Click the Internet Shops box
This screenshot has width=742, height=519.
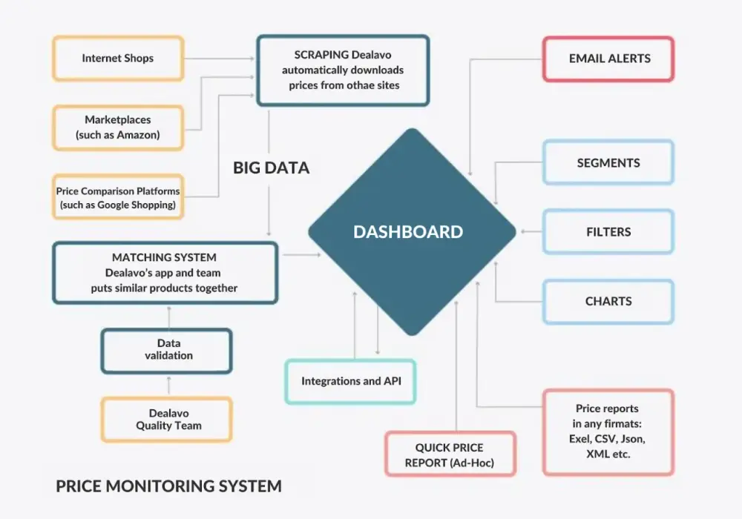pos(118,58)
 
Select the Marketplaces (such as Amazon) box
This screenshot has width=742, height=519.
pos(118,128)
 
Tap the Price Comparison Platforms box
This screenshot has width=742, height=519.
pos(118,197)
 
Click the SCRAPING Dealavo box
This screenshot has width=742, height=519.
pos(343,70)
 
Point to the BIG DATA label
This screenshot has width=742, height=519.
pos(271,168)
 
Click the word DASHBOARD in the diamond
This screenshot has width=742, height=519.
pos(408,231)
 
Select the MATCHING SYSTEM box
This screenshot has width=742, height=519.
pos(165,273)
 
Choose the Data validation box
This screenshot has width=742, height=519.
pos(166,351)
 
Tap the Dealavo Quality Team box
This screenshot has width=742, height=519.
pos(166,420)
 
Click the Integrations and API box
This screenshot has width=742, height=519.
pos(350,381)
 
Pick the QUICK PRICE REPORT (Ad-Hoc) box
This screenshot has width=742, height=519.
pos(450,454)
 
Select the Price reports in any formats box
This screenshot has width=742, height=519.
pos(608,432)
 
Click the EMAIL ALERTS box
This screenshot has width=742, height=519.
pos(608,59)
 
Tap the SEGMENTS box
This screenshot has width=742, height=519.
pos(608,162)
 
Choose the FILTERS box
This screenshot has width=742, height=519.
pos(608,231)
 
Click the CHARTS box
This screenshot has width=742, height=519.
pos(608,301)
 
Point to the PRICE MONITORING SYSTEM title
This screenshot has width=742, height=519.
pos(168,486)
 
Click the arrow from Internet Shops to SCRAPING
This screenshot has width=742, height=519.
pos(220,59)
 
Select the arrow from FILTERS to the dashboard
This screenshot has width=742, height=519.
pos(531,231)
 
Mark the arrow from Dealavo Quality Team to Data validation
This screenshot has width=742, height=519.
pos(169,386)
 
